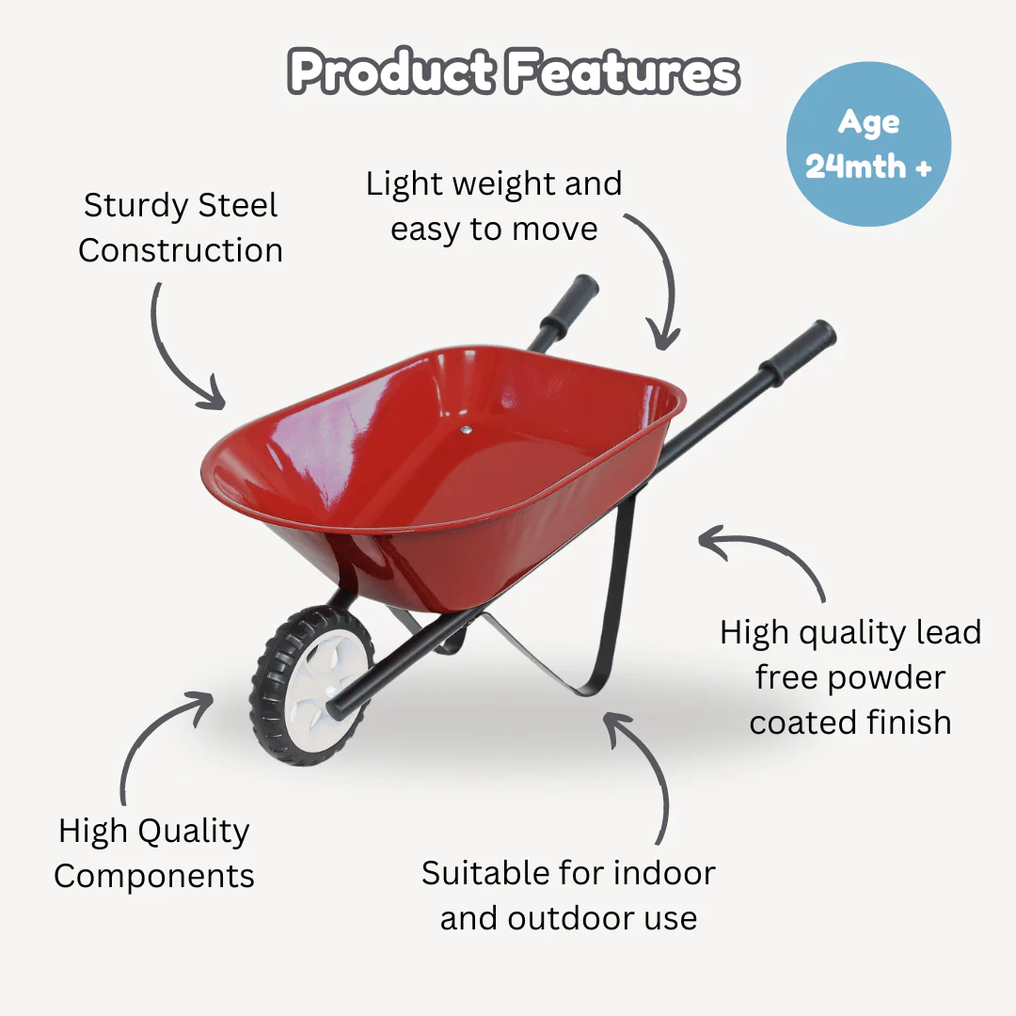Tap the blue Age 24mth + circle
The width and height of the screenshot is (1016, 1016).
click(x=868, y=145)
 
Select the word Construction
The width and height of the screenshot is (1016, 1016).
click(x=181, y=250)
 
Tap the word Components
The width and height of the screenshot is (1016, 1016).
click(x=154, y=876)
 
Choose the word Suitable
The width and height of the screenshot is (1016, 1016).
click(x=486, y=873)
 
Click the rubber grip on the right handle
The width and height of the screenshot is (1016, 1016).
click(x=798, y=354)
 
